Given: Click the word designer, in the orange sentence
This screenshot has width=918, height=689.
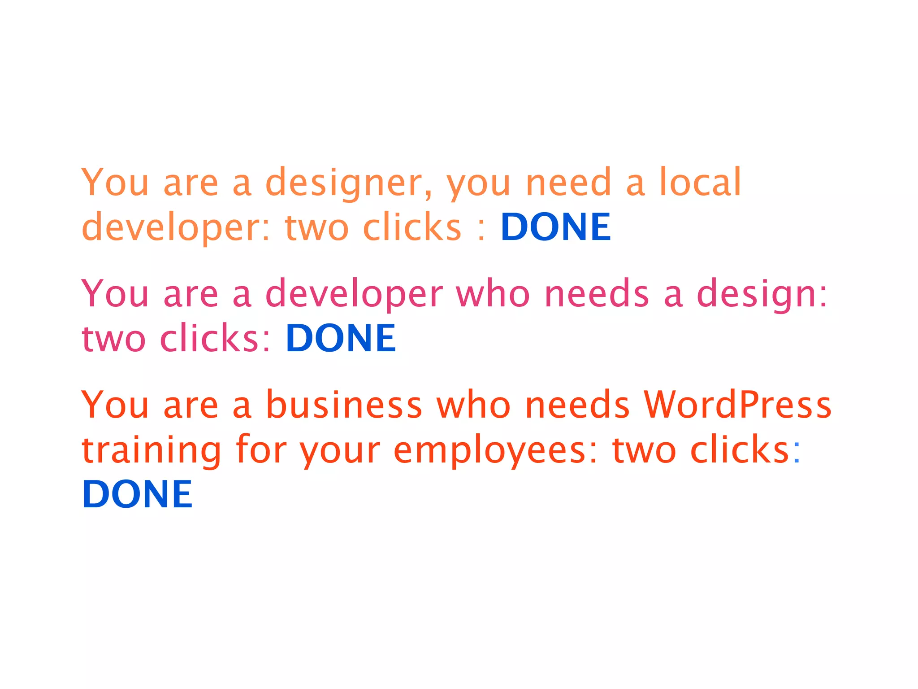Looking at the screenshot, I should click(x=349, y=183).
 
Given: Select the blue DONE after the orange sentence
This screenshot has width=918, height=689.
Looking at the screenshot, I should click(x=555, y=227).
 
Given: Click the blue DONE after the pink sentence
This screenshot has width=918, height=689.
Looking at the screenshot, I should click(x=341, y=338).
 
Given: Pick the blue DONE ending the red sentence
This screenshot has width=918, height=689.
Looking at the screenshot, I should click(x=137, y=494).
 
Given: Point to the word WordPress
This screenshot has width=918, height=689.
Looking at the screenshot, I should click(x=737, y=405).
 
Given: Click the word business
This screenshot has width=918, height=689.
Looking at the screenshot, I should click(x=344, y=405).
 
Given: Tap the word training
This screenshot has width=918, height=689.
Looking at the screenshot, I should click(x=152, y=450).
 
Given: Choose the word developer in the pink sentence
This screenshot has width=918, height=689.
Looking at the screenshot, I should click(x=354, y=294).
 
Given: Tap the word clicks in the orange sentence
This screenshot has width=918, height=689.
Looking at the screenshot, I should click(x=412, y=227).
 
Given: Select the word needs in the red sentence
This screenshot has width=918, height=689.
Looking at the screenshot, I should click(x=577, y=405).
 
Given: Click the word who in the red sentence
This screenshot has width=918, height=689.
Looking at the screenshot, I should click(x=473, y=405).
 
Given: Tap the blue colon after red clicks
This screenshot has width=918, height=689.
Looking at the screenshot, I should click(x=797, y=451).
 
